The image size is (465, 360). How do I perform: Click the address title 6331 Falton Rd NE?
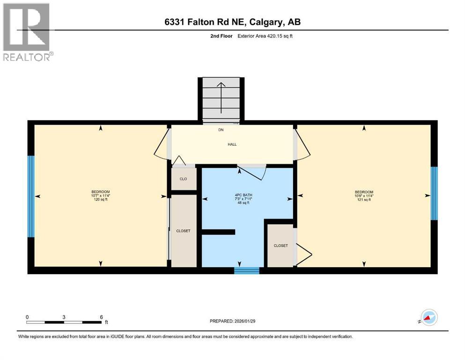232,22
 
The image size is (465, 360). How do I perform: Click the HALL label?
232,144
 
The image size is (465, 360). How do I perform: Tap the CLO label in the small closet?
183,179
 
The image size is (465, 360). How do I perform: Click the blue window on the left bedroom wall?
31,196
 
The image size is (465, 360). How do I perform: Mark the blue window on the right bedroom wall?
434,193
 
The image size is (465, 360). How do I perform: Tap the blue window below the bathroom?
246,270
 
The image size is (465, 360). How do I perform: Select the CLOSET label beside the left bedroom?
183,231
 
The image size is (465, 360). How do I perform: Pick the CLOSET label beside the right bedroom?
280,245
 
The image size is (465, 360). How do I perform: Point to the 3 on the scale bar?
64,317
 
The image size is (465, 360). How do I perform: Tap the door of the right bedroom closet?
303,256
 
